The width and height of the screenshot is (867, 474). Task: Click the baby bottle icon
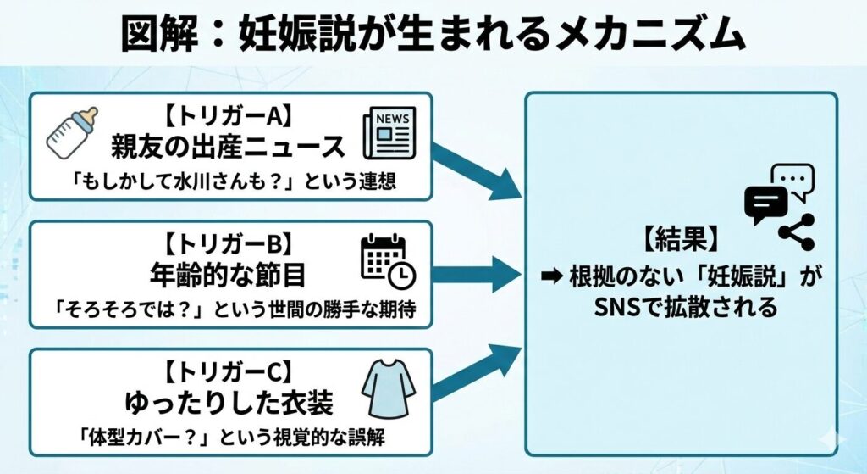tap(72, 133)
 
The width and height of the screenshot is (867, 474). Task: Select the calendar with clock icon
tap(388, 260)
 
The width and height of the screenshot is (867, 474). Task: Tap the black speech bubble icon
tap(765, 204)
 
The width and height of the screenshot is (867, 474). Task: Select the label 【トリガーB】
tap(229, 244)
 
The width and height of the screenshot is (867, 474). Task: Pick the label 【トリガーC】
tap(229, 371)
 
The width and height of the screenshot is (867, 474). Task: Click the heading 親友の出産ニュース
tap(229, 147)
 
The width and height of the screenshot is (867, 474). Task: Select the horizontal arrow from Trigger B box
tap(478, 274)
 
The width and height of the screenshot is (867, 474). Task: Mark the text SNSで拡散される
tap(682, 307)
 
